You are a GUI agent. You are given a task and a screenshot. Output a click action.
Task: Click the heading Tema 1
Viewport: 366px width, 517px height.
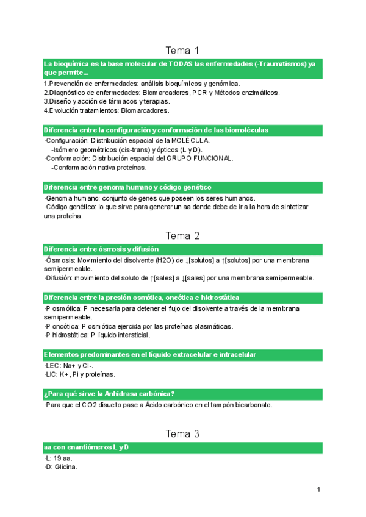pos(182,50)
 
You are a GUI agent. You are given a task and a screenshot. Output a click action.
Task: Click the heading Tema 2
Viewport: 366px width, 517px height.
pos(182,235)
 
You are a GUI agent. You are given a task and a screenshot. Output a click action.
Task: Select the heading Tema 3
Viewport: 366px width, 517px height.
pos(182,433)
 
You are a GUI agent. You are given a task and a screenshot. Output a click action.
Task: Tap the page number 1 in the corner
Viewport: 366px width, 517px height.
pos(318,490)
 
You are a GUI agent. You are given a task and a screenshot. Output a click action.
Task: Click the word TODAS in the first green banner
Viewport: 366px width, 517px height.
pos(181,64)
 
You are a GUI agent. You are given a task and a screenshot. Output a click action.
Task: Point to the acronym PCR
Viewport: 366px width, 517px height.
pos(199,93)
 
